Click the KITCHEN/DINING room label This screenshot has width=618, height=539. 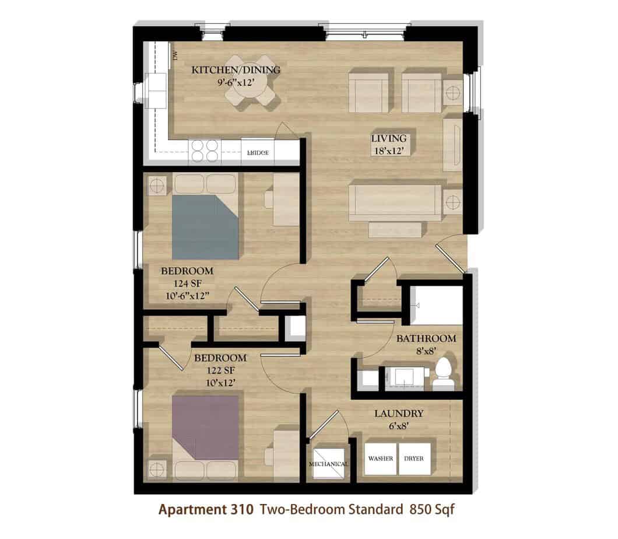coord(236,70)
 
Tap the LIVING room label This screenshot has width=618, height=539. coord(389,138)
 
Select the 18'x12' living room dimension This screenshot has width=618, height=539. coord(389,150)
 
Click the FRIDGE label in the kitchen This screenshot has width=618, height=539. coord(258,153)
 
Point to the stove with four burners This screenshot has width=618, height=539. coord(205,151)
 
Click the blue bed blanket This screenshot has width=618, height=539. coord(205,227)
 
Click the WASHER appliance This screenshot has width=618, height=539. coord(380,459)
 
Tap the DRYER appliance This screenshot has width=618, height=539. coord(414,459)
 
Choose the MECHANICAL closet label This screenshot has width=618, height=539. coord(329,464)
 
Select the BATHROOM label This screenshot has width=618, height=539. coord(426,338)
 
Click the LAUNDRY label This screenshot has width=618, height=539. coord(398,413)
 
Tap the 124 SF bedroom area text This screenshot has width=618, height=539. coord(188,283)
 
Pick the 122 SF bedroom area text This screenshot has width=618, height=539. coord(221,370)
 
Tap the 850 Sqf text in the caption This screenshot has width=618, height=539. coord(432,510)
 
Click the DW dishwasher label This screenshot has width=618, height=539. coord(175,55)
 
